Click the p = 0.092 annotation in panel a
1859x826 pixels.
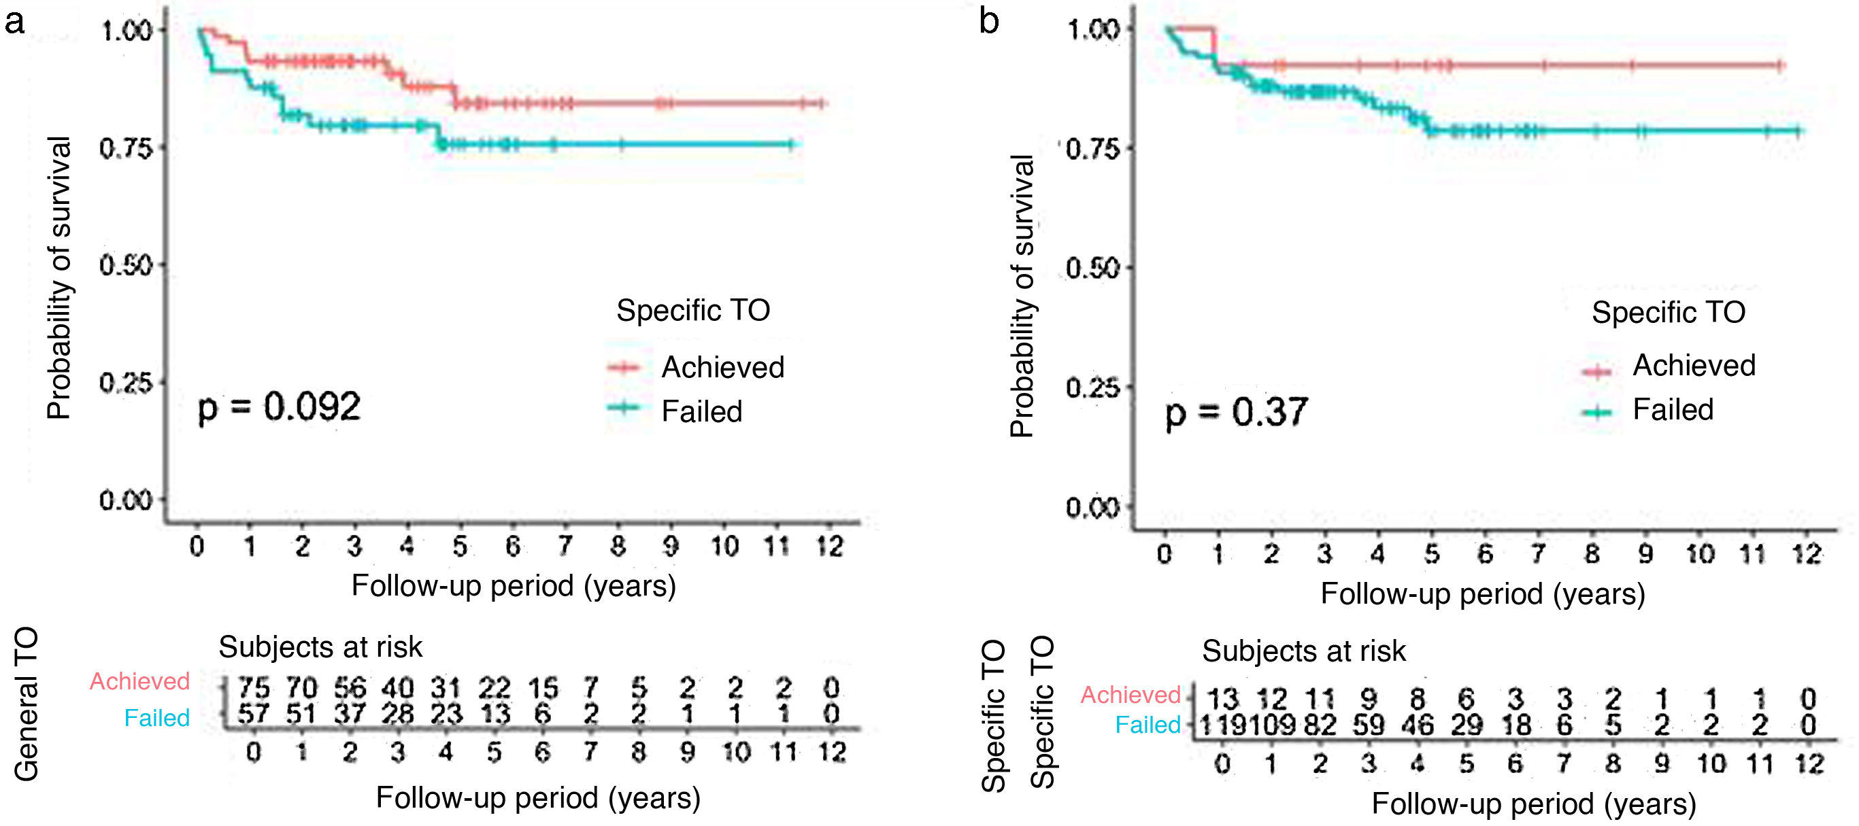[279, 408]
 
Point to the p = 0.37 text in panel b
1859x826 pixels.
[1235, 413]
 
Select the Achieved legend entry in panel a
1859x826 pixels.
[722, 367]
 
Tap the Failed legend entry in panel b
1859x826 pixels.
[1672, 410]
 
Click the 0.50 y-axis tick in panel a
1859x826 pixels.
[126, 265]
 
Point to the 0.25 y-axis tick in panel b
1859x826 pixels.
[1092, 388]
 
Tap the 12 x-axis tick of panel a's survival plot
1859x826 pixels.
[829, 547]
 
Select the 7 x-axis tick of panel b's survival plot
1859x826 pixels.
[1538, 554]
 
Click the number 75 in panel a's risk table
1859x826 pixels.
[253, 687]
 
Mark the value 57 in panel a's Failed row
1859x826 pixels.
[253, 715]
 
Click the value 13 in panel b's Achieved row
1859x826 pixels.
[1222, 698]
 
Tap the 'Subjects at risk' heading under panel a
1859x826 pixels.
[320, 647]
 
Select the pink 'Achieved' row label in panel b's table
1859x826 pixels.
[1130, 695]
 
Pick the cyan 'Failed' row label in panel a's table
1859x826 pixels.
[156, 718]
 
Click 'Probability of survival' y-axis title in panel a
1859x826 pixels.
[58, 278]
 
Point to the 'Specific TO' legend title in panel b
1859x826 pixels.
[1669, 312]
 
